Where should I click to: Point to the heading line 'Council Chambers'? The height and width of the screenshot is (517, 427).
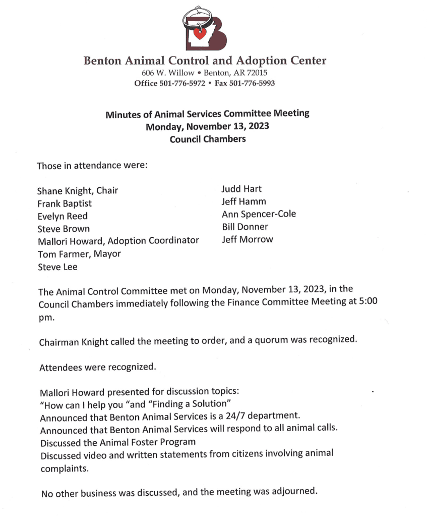[208, 139]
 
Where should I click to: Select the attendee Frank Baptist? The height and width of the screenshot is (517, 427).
[65, 203]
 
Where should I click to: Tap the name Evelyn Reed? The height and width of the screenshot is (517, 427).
[63, 216]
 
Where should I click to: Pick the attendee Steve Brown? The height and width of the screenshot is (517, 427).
[64, 229]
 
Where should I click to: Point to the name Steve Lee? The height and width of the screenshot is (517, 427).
[57, 267]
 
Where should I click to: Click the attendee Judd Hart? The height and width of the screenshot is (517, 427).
[241, 189]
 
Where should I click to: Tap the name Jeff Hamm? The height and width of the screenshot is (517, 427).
[244, 201]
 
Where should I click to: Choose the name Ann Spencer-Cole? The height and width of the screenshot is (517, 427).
[259, 214]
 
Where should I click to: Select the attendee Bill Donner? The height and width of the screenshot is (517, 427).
[245, 227]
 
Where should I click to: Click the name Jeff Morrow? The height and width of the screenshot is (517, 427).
[247, 239]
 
